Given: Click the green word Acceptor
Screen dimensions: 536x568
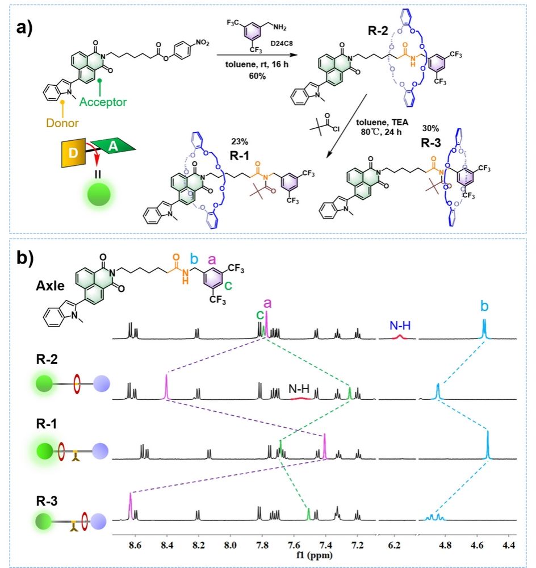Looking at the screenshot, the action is point(103,102).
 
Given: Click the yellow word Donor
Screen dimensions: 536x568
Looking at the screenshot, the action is point(62,123).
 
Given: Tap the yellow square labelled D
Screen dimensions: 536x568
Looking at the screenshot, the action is point(73,153).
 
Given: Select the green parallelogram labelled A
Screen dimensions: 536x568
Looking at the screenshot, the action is point(112,146).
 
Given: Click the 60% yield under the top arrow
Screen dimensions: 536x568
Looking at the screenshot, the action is point(257,76).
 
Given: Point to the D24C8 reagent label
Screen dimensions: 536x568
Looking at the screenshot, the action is point(282,44).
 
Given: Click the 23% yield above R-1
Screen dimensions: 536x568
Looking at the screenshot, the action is point(240,141).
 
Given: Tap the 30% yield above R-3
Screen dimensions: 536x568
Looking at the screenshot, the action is point(430,128).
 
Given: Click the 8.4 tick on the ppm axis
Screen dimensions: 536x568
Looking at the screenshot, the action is point(166,545).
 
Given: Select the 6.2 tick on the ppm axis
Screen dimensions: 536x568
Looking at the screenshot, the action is point(395,545).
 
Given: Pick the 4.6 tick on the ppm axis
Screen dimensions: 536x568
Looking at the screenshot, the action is point(477,545).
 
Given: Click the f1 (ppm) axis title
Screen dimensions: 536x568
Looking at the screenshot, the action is point(314,554).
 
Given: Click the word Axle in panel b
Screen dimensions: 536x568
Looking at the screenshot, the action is point(50,286).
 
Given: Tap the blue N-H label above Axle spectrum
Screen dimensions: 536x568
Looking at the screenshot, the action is point(400,325).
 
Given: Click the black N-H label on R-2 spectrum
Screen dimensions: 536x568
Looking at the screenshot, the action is point(299,389).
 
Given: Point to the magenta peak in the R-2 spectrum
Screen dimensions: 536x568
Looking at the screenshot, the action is point(166,387).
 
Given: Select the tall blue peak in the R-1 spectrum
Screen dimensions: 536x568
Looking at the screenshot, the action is point(488,445).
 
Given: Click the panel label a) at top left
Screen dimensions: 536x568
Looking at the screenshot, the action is point(24,27).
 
